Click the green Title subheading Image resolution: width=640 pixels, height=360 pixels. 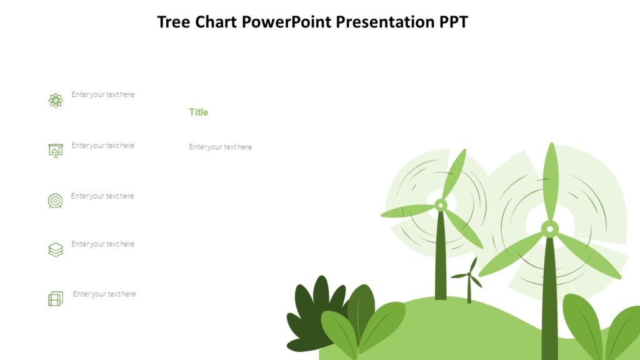[199, 112]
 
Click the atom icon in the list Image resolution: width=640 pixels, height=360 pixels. [56, 100]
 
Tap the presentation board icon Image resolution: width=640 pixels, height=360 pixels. [56, 150]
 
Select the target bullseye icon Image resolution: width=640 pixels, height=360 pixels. [56, 201]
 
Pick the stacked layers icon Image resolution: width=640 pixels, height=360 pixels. [56, 250]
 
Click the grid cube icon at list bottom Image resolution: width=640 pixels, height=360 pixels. [56, 299]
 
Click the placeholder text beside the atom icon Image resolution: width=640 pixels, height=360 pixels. [103, 95]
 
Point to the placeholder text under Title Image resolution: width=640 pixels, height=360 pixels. [221, 147]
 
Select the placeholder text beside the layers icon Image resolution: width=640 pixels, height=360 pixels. [103, 244]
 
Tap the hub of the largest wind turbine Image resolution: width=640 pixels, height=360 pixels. [549, 229]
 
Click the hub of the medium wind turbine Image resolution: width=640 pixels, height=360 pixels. [441, 204]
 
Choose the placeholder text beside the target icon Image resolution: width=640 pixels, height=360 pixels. [102, 196]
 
